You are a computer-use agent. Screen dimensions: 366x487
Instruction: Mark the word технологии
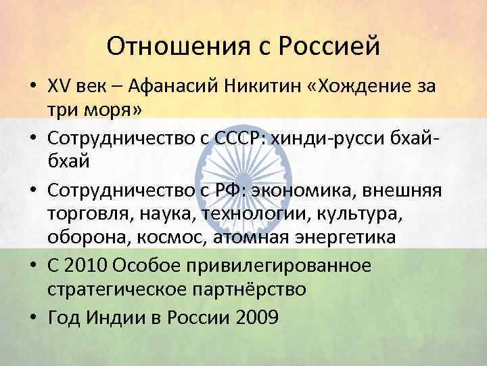coord(257,214)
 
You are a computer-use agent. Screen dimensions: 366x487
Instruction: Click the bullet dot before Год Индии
coord(33,317)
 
